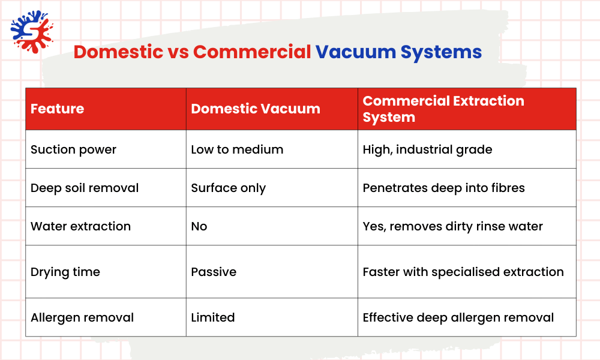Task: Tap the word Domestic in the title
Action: click(118, 52)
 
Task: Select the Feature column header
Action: click(58, 109)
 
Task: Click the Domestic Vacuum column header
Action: click(256, 109)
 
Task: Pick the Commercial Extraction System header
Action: click(443, 109)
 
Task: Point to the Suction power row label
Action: click(73, 149)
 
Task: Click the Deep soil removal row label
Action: click(85, 188)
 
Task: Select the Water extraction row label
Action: click(80, 226)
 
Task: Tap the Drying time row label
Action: click(65, 272)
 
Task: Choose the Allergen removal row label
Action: click(82, 317)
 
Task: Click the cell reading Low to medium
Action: click(237, 149)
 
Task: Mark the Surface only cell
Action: click(228, 188)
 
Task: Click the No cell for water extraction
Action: click(199, 226)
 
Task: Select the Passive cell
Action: click(214, 272)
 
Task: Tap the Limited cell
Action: click(213, 317)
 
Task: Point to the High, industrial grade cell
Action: click(427, 149)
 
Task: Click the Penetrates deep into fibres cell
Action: click(443, 188)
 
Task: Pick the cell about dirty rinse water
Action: click(452, 226)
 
